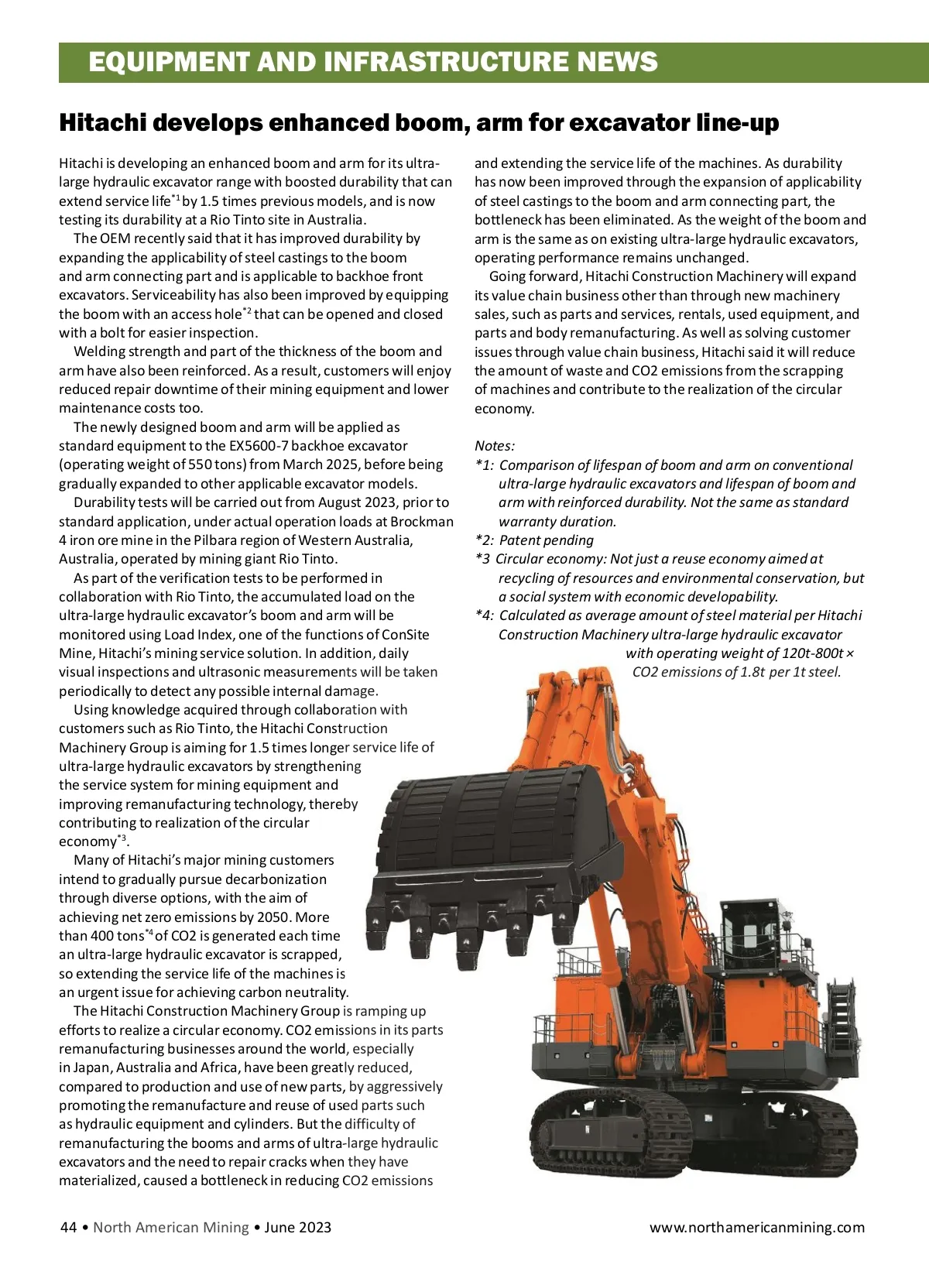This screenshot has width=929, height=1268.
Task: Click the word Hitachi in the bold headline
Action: (102, 122)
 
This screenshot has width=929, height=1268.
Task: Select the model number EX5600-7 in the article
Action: (262, 446)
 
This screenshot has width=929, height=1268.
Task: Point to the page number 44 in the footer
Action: (68, 1227)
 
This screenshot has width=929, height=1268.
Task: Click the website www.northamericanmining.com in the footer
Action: (756, 1227)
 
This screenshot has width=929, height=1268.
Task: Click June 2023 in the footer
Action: (297, 1227)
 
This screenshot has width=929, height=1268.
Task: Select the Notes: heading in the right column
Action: (495, 446)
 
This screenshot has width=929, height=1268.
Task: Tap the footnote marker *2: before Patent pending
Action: (485, 540)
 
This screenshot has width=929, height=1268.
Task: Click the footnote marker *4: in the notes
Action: (485, 615)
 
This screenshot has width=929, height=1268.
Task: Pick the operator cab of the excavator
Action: (751, 941)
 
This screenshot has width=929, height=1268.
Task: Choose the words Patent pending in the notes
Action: (547, 540)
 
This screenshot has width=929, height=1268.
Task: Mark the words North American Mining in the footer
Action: (171, 1227)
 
